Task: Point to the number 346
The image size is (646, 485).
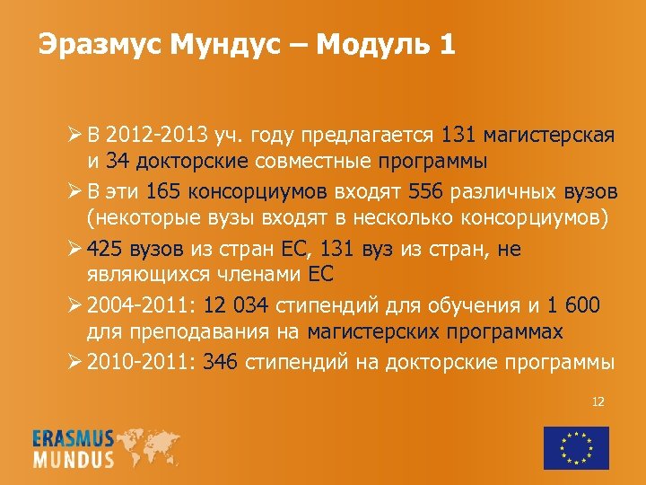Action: pyautogui.click(x=221, y=362)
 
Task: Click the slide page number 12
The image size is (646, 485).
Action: pyautogui.click(x=598, y=401)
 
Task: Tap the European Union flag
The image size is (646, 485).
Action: pyautogui.click(x=575, y=446)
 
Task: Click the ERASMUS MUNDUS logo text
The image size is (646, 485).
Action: pyautogui.click(x=74, y=448)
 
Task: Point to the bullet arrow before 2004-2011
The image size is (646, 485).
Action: pyautogui.click(x=76, y=305)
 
